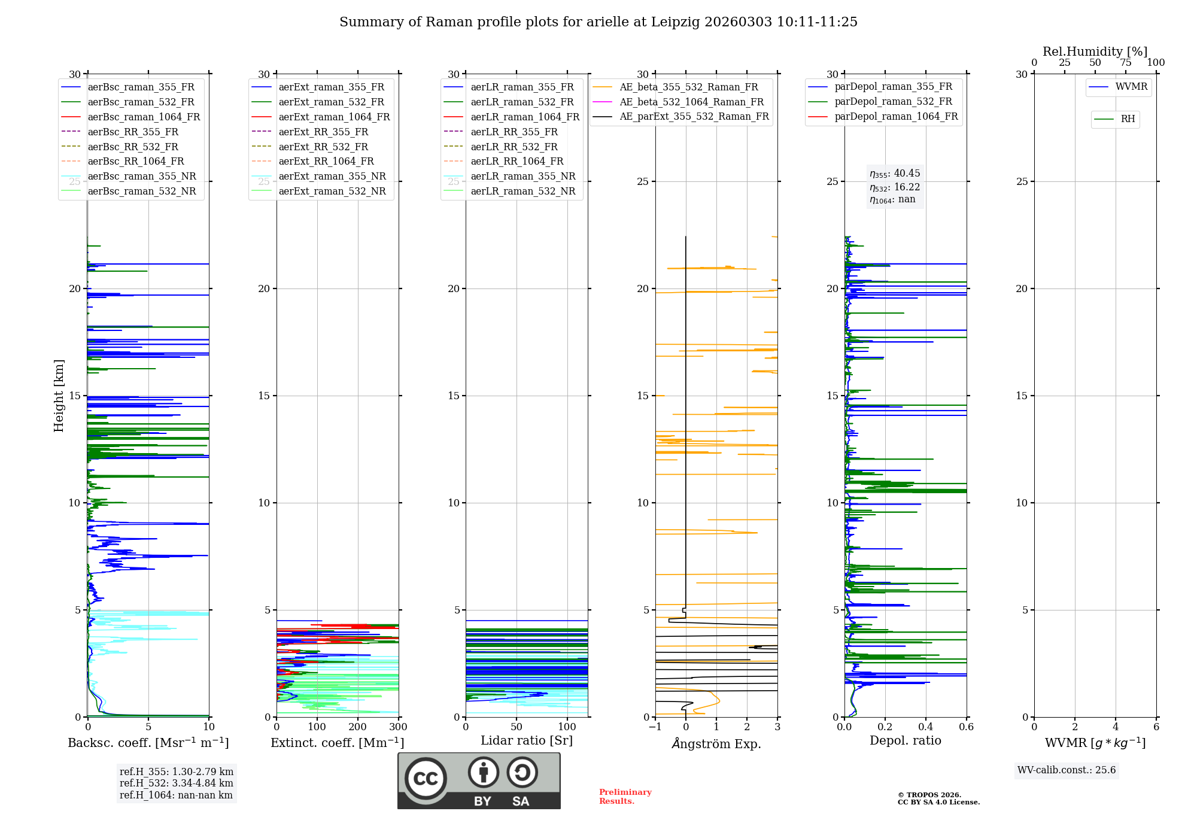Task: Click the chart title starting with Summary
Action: click(x=598, y=22)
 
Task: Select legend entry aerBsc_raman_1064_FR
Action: click(x=144, y=117)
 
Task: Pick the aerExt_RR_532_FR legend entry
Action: click(x=323, y=147)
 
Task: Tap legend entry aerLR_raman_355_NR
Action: click(x=522, y=176)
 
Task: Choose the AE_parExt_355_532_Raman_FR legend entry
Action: click(x=694, y=116)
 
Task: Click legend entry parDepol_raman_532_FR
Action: click(x=893, y=102)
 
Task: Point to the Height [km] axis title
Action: click(x=59, y=396)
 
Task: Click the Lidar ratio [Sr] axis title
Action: click(x=527, y=740)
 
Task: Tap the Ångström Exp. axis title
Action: click(x=716, y=743)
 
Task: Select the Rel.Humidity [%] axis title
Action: click(x=1095, y=51)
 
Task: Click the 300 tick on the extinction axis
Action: click(x=398, y=727)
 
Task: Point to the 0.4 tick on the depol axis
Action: click(x=926, y=727)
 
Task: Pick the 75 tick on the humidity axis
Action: click(x=1126, y=63)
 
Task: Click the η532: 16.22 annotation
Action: click(x=895, y=187)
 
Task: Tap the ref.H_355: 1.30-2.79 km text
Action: click(x=176, y=772)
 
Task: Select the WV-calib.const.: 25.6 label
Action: click(x=1067, y=770)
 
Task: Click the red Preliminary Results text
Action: click(x=625, y=797)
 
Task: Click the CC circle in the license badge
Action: click(x=426, y=779)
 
